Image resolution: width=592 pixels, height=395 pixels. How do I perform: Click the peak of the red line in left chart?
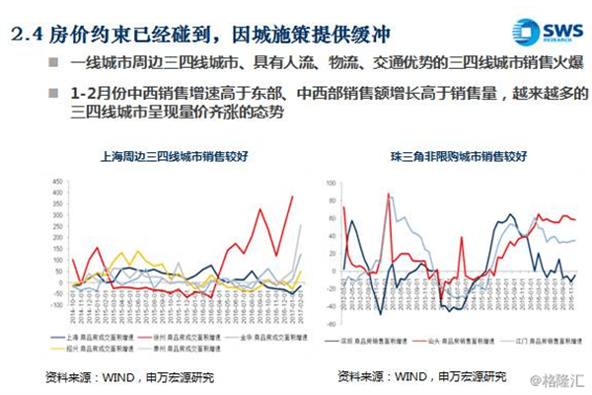tap(292, 196)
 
